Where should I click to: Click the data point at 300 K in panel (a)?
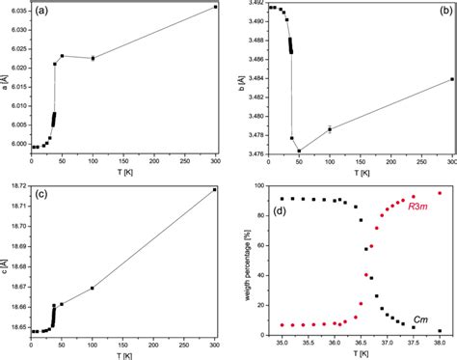point(215,7)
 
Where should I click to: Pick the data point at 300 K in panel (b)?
point(451,79)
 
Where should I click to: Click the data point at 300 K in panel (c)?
point(215,189)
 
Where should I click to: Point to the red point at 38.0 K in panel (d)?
point(440,193)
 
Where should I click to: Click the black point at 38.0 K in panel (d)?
point(440,331)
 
